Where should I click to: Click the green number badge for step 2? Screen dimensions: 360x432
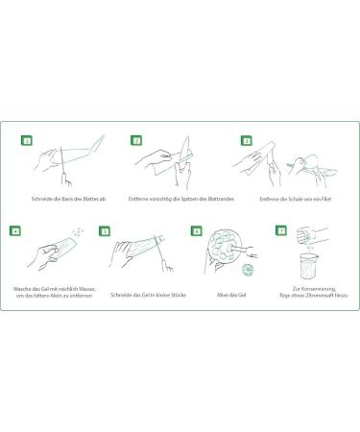pyautogui.click(x=136, y=140)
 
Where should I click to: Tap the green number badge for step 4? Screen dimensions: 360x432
pyautogui.click(x=15, y=230)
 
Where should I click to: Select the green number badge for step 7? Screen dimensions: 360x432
pyautogui.click(x=281, y=230)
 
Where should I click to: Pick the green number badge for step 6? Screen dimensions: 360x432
pyautogui.click(x=196, y=230)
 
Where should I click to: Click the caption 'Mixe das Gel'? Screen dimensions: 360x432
pyautogui.click(x=231, y=295)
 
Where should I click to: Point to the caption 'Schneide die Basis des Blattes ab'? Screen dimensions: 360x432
pyautogui.click(x=68, y=199)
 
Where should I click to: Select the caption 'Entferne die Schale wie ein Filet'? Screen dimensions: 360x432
pyautogui.click(x=295, y=199)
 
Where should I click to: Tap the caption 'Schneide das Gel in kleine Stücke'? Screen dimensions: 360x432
pyautogui.click(x=148, y=295)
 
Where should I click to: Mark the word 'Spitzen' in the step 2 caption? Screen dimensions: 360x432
pyautogui.click(x=190, y=199)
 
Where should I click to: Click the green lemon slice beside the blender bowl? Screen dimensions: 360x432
pyautogui.click(x=248, y=270)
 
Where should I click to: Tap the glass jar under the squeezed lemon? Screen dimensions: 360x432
pyautogui.click(x=308, y=266)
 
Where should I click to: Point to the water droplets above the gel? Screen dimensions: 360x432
pyautogui.click(x=78, y=231)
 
